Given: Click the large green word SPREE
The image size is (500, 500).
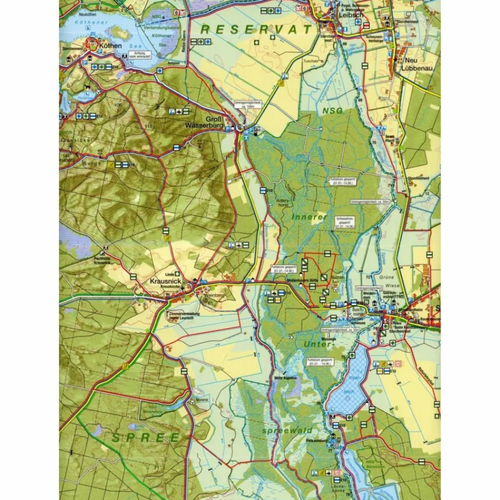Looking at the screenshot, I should point(146,437).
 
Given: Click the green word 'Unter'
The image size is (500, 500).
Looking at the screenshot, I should point(318,344).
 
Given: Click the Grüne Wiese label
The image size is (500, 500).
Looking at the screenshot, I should point(389,281).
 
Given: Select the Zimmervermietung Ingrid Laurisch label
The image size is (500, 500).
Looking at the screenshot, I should point(182,315).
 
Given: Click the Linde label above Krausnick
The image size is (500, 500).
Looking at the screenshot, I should point(170,274).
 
